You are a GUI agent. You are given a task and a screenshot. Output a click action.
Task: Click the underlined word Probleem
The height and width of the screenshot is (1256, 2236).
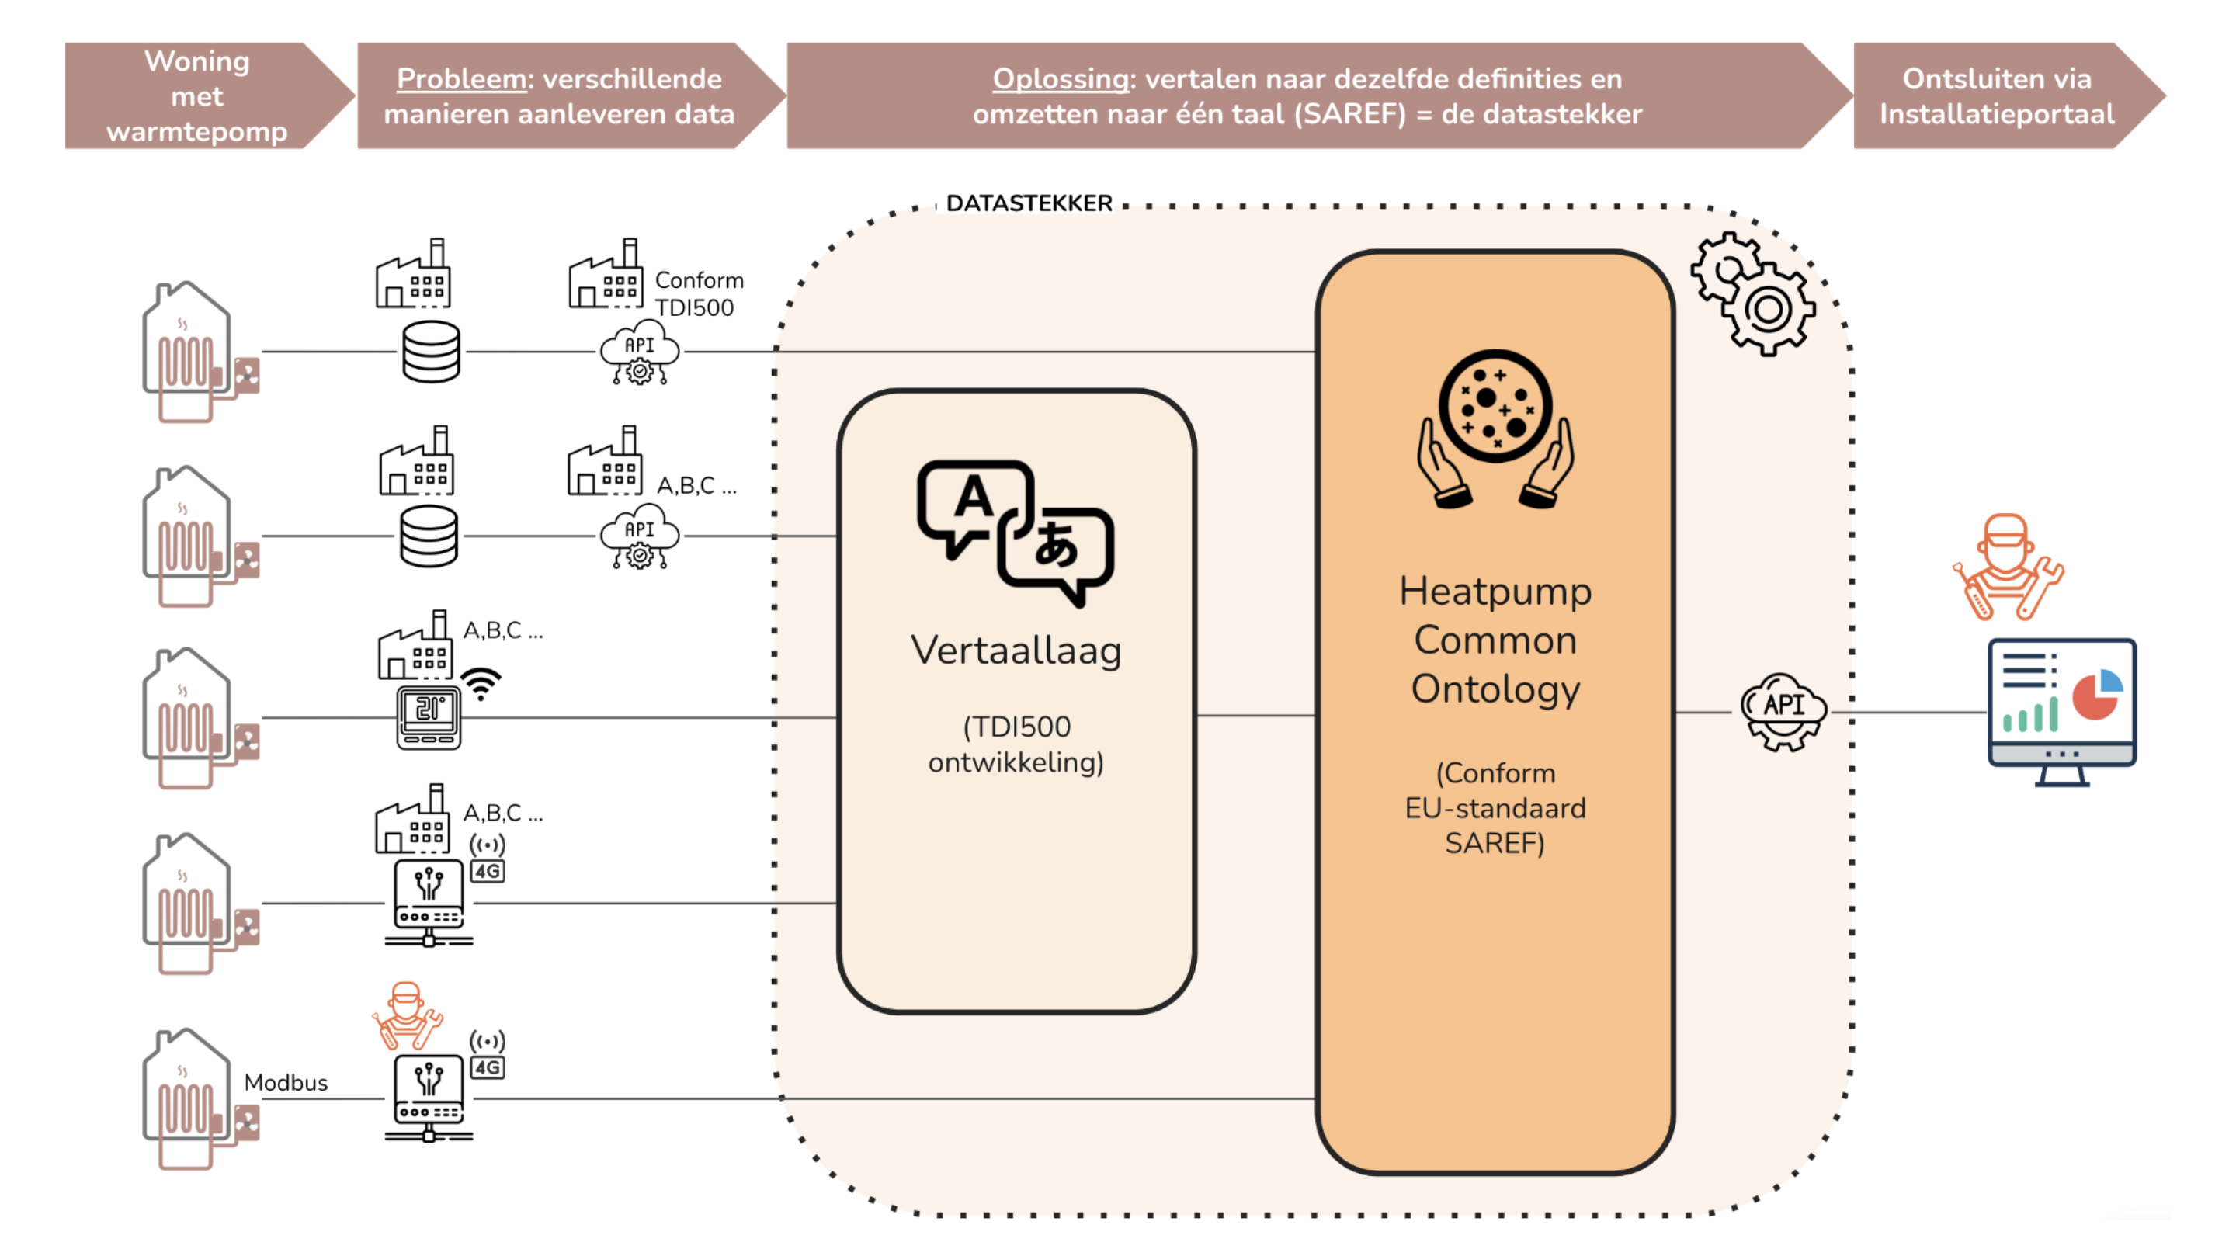(x=462, y=79)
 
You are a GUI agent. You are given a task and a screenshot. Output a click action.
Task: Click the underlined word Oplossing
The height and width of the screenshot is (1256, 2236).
(x=1060, y=79)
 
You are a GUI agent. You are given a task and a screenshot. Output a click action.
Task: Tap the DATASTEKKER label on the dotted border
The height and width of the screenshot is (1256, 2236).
(x=1029, y=203)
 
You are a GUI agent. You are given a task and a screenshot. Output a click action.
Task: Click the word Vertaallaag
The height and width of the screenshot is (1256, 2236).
(x=1016, y=651)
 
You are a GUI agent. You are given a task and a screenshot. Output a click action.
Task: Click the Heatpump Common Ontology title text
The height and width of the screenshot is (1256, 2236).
(x=1495, y=640)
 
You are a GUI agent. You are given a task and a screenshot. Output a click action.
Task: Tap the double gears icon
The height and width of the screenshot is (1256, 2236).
(x=1752, y=293)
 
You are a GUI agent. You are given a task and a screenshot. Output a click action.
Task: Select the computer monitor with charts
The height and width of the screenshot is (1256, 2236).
(x=2061, y=711)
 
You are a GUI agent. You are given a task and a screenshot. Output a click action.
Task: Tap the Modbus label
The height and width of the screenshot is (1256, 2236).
(x=286, y=1082)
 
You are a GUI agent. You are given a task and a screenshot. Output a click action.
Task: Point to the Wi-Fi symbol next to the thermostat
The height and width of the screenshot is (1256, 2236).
(x=481, y=684)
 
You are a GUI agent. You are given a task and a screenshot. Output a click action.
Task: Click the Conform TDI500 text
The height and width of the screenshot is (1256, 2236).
(x=698, y=293)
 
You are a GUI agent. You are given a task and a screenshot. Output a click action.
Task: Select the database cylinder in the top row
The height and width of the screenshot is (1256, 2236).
(x=432, y=352)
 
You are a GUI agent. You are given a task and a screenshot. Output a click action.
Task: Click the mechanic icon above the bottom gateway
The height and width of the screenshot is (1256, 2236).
(x=407, y=1016)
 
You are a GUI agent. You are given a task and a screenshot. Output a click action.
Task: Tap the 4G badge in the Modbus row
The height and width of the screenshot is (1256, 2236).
(x=488, y=1067)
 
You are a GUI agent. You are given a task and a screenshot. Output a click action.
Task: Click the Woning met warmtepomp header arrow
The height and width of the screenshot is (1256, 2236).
(x=197, y=95)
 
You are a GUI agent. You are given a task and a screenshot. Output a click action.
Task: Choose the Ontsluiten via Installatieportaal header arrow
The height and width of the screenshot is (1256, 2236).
(x=1996, y=95)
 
